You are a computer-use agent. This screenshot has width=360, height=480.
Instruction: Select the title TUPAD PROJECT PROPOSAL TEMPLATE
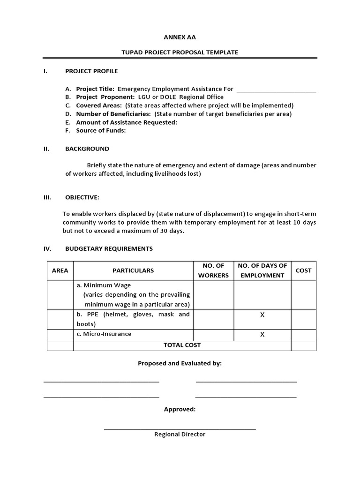click(x=180, y=52)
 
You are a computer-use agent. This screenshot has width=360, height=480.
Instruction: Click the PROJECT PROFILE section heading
click(x=91, y=71)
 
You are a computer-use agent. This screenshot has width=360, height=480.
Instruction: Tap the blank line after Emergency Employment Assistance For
click(x=277, y=89)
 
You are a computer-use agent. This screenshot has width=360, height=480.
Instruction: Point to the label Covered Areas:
click(x=99, y=105)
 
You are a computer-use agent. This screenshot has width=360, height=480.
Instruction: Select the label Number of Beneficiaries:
click(x=113, y=114)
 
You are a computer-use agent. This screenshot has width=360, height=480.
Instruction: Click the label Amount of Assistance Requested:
click(x=127, y=122)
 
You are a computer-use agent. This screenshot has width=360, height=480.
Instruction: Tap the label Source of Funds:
click(x=101, y=131)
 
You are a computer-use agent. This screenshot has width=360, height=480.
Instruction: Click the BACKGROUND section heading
click(x=87, y=149)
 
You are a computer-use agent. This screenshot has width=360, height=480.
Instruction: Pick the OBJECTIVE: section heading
click(x=82, y=197)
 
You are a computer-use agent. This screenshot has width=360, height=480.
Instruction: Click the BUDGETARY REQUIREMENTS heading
click(x=109, y=248)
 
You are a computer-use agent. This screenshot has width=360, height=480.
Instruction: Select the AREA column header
click(x=60, y=270)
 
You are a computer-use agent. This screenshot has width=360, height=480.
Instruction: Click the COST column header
click(x=303, y=270)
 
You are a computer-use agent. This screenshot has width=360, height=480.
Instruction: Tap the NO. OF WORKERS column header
click(x=213, y=270)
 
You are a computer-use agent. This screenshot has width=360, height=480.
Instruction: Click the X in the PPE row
click(x=262, y=315)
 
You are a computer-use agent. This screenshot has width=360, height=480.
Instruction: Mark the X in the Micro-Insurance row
click(x=262, y=334)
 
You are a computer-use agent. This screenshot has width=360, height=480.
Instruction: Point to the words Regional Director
click(x=180, y=434)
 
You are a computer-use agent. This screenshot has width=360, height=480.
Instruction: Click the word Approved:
click(x=180, y=409)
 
